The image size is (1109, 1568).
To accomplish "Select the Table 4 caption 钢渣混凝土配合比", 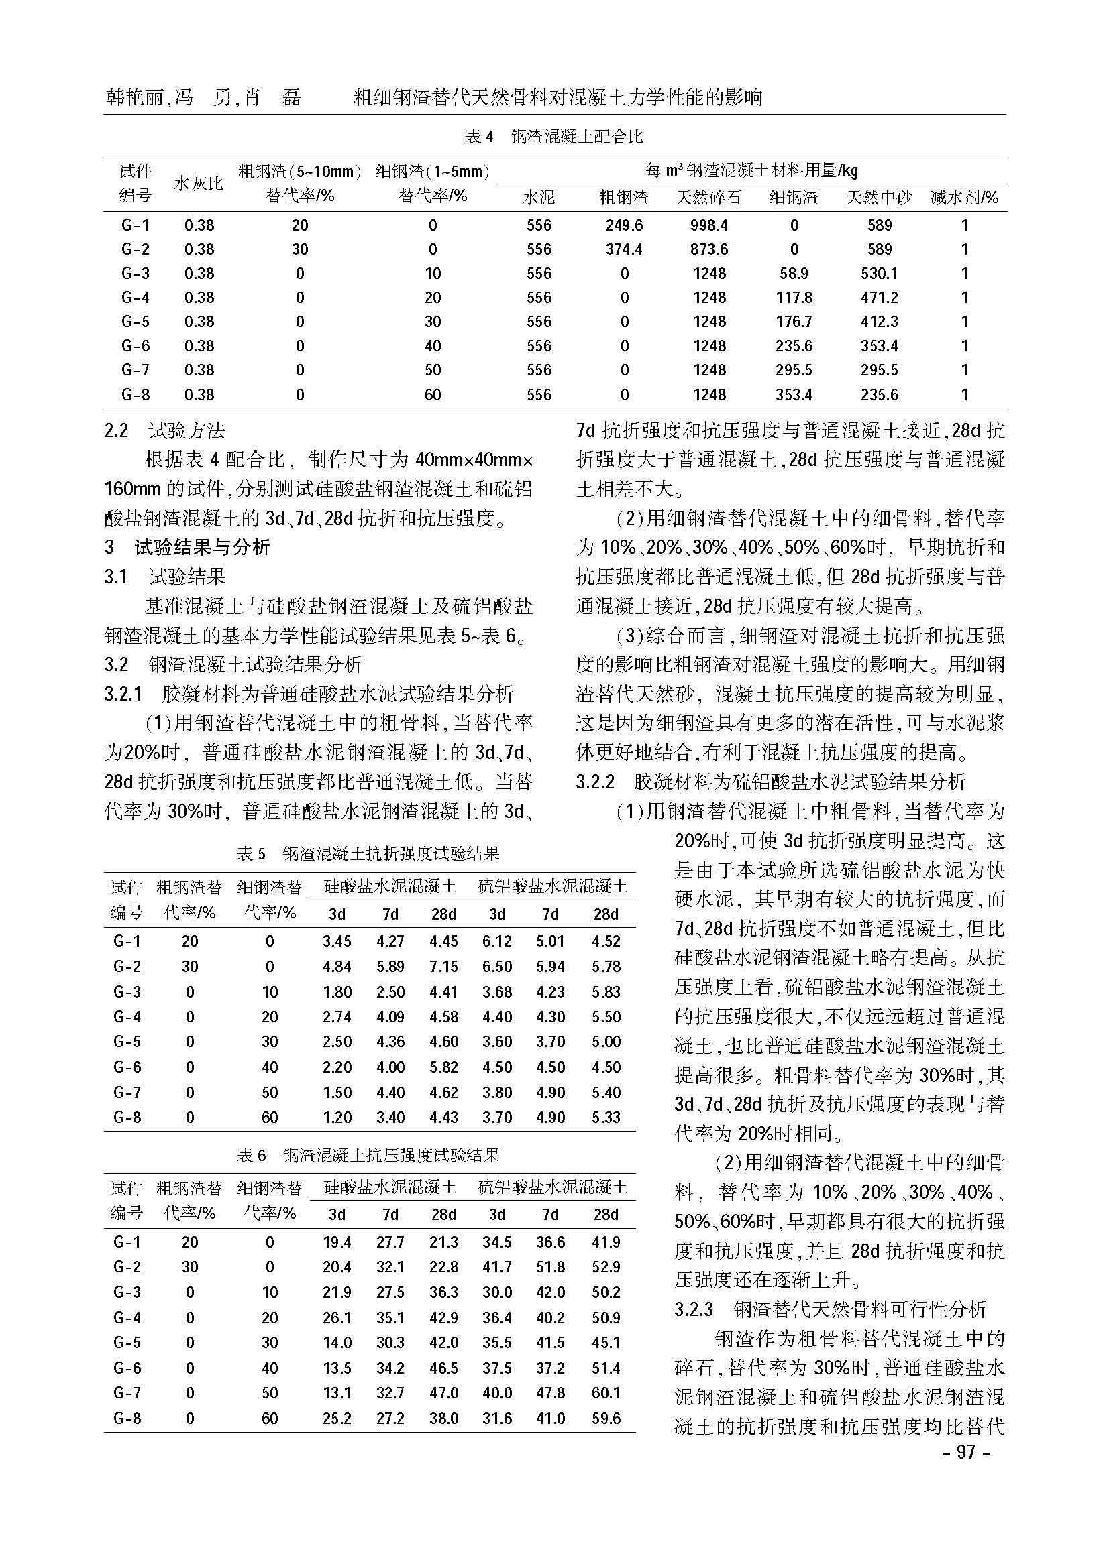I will coord(553,137).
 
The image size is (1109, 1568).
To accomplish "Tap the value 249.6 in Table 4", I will coord(623,225).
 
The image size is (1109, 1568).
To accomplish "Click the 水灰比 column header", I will coord(198,184).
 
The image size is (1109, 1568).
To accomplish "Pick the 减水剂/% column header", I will coord(964,198).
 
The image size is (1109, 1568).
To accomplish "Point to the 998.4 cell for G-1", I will coord(708,225).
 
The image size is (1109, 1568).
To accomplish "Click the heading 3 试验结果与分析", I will coord(187,547).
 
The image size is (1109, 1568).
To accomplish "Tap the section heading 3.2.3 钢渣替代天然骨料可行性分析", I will coord(830,1309).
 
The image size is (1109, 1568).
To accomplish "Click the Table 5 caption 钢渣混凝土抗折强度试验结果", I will coord(368,853).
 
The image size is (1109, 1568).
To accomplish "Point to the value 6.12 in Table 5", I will coord(496,941).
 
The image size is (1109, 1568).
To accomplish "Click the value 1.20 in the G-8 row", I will coord(337,1118).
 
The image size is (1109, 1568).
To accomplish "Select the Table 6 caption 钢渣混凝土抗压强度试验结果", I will coord(368,1155).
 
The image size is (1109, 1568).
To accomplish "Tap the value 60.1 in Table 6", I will coord(605,1392).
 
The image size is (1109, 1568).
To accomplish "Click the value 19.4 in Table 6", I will coord(337,1242).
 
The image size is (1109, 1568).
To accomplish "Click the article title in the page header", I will coord(558,99).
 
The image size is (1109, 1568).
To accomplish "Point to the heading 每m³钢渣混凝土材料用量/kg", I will coord(751,170).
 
